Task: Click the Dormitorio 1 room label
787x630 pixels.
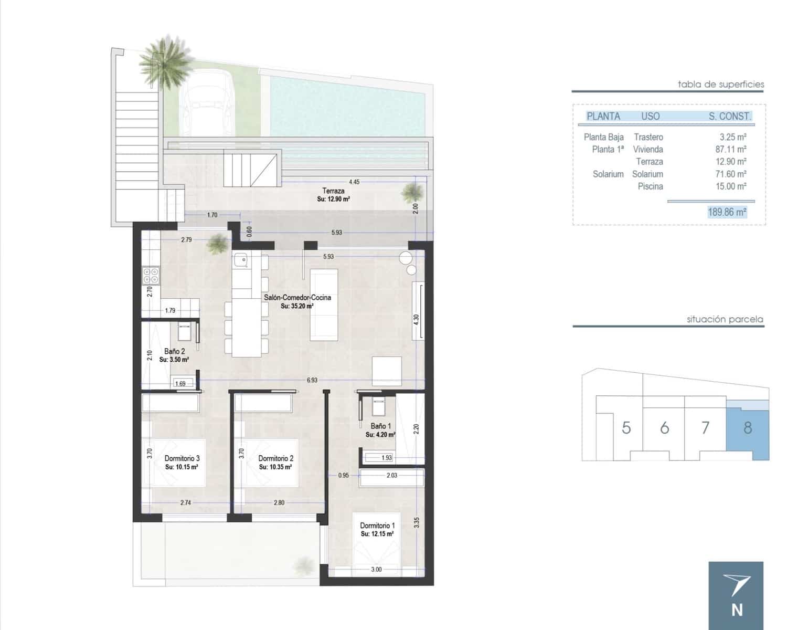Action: [x=377, y=526]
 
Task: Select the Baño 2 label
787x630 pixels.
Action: [x=174, y=351]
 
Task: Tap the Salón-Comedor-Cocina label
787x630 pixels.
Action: [x=297, y=297]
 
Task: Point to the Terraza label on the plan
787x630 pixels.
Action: [x=333, y=191]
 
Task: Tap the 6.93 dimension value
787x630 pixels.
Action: [x=312, y=380]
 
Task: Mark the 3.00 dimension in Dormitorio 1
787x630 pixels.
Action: [x=376, y=569]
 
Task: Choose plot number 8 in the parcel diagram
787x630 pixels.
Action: [x=748, y=427]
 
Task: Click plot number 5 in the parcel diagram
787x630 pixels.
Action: [x=626, y=427]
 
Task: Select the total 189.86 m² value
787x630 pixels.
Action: [x=727, y=212]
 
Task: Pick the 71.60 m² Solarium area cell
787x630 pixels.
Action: [x=731, y=174]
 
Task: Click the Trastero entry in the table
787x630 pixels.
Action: [x=648, y=137]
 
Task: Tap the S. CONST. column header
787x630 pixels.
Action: [x=729, y=117]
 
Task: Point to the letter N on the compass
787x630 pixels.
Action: [x=737, y=610]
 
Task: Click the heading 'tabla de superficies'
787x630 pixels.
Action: [x=721, y=84]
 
